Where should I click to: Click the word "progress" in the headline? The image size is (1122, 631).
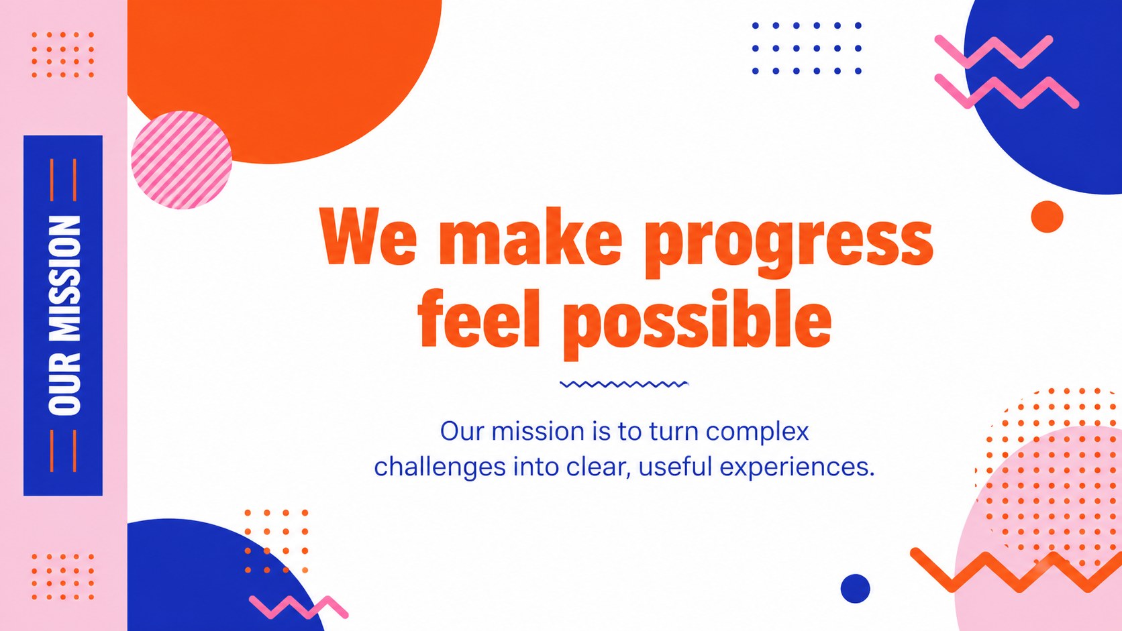789,242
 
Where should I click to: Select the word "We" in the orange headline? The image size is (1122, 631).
369,235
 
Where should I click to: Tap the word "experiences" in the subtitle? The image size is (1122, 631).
797,467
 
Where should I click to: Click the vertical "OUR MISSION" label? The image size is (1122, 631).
64,315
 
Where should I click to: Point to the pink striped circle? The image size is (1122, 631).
181,160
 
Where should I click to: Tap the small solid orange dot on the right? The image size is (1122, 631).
1047,217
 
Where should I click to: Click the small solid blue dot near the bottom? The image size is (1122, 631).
855,589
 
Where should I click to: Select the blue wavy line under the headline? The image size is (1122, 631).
624,384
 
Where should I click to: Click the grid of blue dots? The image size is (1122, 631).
807,48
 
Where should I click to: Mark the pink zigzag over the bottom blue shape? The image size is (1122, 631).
299,607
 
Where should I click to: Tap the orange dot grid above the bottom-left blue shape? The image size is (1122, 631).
276,541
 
